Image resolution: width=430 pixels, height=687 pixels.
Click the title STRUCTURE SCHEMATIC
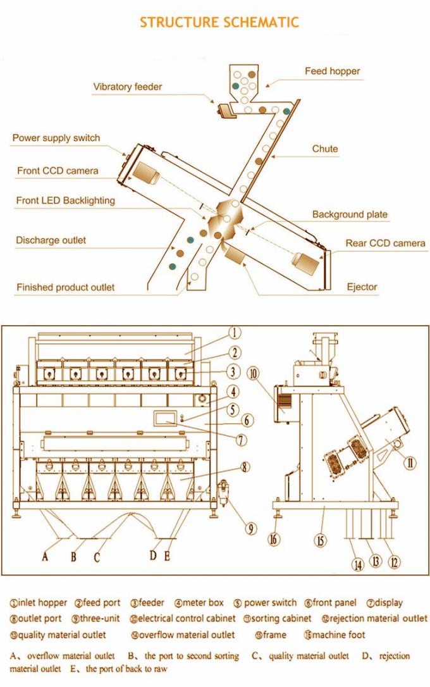tap(219, 22)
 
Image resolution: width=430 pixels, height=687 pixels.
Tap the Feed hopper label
tap(332, 71)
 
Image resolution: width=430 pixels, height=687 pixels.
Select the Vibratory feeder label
tap(128, 87)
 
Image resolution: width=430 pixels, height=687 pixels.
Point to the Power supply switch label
tap(56, 138)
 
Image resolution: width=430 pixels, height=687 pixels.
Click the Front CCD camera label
tap(58, 171)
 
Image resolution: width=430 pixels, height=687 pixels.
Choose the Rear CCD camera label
tap(385, 243)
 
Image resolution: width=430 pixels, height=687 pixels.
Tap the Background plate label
tap(350, 214)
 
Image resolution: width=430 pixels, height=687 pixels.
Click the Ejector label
tap(362, 287)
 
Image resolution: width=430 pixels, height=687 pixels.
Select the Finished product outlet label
tap(66, 287)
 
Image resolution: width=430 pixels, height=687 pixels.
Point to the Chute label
tap(325, 149)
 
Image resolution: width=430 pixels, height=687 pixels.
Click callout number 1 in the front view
tap(233, 333)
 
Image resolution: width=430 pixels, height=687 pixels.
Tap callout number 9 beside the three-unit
tap(252, 528)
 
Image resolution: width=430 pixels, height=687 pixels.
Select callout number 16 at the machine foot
tap(273, 540)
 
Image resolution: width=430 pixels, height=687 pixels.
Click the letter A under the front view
tap(45, 557)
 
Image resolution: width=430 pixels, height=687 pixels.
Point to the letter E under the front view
tap(167, 556)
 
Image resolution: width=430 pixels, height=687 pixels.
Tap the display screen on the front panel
tap(166, 418)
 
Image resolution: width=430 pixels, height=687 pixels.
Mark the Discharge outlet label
tap(51, 240)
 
